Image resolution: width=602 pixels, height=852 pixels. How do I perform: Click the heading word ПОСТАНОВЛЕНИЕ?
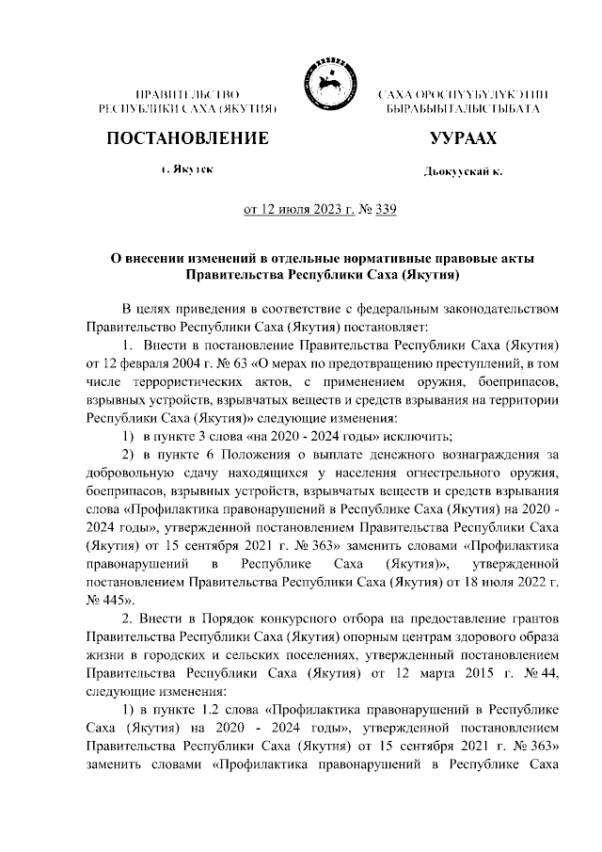(187, 138)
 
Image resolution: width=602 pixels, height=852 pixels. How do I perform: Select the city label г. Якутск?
(186, 169)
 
